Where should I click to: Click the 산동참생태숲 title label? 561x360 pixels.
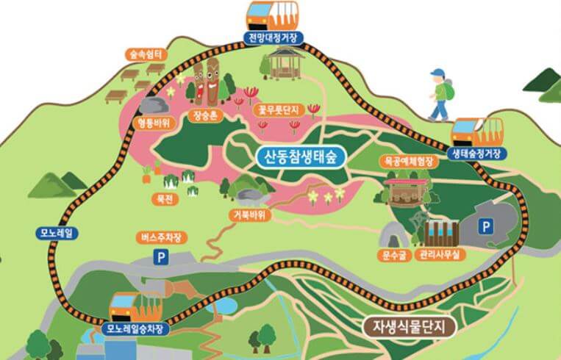301,156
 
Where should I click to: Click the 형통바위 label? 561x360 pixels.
154,123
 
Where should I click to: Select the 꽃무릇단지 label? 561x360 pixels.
277,109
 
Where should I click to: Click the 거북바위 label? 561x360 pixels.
250,215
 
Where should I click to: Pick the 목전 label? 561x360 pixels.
160,198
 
